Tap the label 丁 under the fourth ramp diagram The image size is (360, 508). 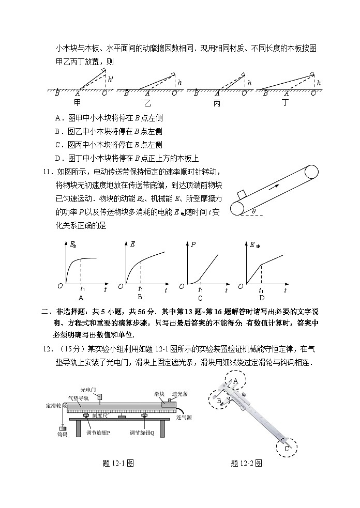pos(284,103)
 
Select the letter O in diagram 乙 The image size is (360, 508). pos(174,94)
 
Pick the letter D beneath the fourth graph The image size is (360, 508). pos(261,298)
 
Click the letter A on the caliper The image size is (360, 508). pos(235,381)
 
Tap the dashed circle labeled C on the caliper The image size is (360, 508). pos(286,447)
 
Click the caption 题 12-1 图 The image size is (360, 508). pos(119,464)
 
